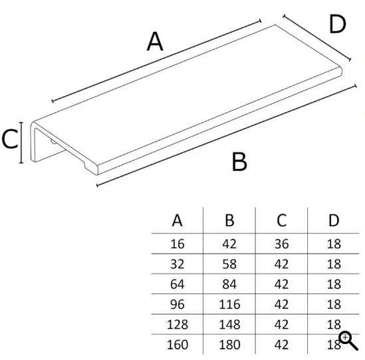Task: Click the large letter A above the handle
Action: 155,41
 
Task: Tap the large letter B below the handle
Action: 239,162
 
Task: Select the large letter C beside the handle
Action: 10,139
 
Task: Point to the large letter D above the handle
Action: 338,24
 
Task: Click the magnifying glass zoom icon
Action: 348,341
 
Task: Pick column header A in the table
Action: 177,220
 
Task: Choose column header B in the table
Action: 229,220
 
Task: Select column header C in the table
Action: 281,220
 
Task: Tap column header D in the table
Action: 334,220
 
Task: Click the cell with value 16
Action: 178,244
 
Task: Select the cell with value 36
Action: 282,244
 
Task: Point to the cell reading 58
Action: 229,264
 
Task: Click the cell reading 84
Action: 229,284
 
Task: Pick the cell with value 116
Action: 229,304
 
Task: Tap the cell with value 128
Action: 178,324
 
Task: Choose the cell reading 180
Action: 229,345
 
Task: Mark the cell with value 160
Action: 178,345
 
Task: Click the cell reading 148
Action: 229,324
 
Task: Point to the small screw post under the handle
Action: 53,142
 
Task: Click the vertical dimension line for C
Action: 21,142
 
